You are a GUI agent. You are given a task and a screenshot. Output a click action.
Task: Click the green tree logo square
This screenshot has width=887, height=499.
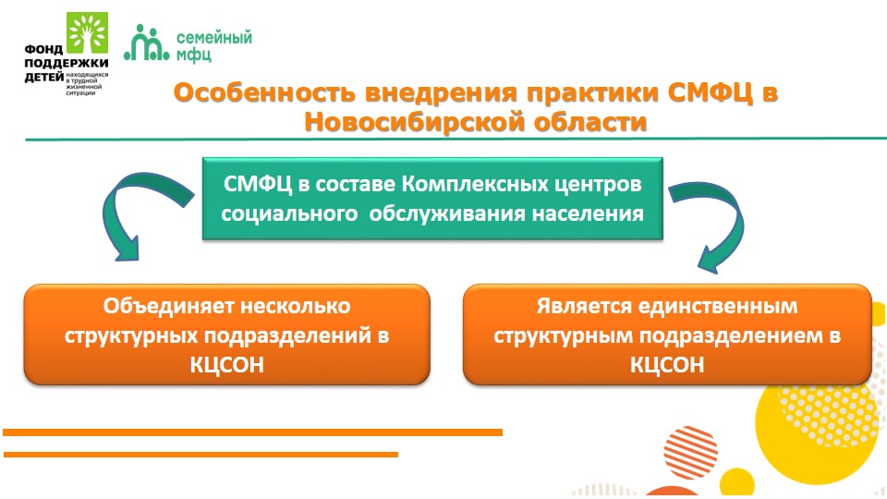[87, 33]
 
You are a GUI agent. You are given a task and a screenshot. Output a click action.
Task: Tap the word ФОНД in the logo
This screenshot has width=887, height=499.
[43, 50]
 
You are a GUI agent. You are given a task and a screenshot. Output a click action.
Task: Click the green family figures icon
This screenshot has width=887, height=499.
[147, 43]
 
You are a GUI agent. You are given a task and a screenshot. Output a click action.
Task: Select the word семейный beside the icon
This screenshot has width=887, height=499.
[213, 38]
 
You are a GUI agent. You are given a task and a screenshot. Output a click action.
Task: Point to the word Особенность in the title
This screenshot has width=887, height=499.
[265, 92]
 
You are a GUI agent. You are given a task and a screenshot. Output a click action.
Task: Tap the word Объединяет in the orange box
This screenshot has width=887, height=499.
[169, 306]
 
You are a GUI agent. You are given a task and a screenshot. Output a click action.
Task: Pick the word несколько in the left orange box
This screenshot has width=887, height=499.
[296, 306]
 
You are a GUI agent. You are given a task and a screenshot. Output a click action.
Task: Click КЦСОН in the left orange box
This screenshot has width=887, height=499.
[227, 365]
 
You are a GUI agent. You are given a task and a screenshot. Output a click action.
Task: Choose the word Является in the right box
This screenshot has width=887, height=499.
[584, 306]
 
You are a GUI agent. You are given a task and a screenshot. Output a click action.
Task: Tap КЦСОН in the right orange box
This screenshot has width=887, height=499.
[667, 365]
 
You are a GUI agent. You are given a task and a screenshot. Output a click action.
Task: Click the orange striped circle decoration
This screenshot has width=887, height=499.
[690, 453]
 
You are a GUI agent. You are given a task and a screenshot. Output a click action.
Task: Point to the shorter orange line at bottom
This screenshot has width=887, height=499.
[200, 455]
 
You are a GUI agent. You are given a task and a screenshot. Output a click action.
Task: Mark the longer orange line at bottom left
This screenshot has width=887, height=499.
[252, 432]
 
